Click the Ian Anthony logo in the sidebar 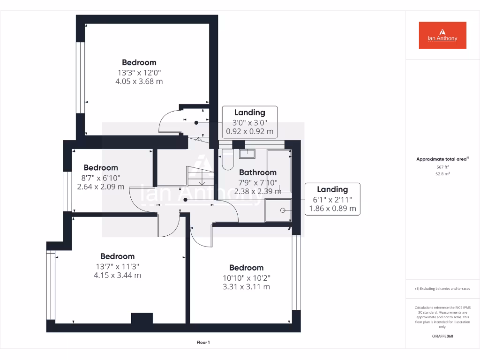click(442, 35)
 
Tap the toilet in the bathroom click(227, 159)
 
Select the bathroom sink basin click(247, 153)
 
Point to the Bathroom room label click(258, 172)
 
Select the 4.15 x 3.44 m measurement click(117, 275)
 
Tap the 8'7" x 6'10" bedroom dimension click(101, 178)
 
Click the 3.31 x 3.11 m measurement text click(246, 286)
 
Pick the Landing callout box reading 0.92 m click(249, 122)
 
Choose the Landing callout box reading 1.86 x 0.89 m click(332, 199)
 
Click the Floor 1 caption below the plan click(203, 343)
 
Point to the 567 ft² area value click(442, 166)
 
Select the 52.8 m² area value click(442, 173)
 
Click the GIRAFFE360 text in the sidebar click(442, 336)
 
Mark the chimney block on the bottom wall click(142, 318)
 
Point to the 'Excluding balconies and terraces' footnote click(442, 289)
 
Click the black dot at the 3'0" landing click(196, 122)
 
